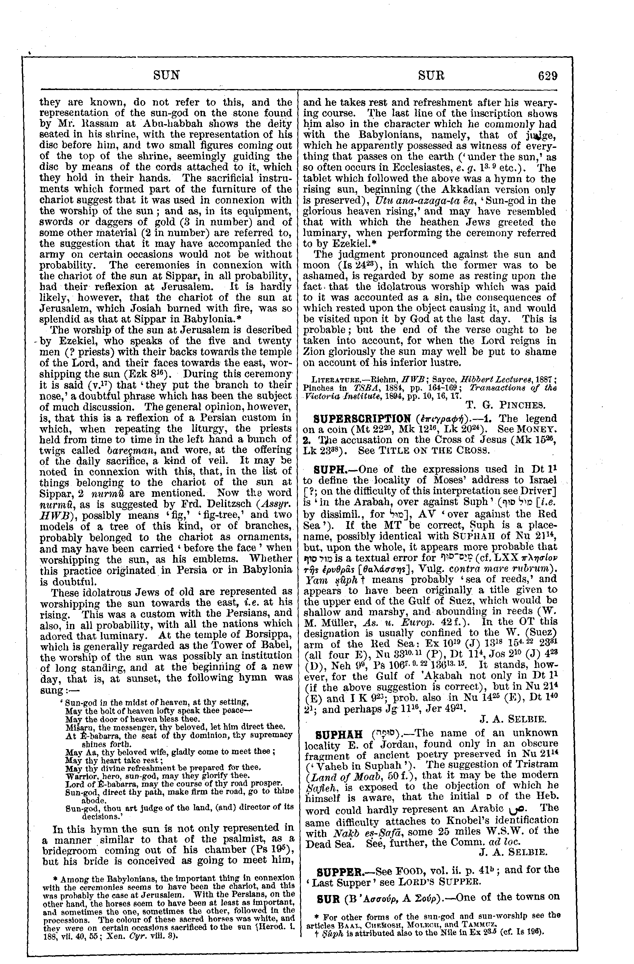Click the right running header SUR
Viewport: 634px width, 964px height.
pos(430,76)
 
